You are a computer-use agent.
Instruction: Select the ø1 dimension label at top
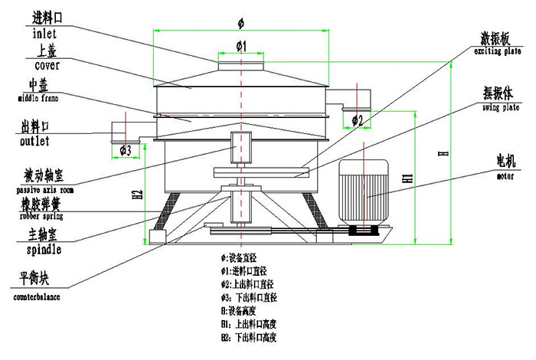(x=240, y=47)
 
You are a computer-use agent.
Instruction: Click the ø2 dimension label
(x=357, y=120)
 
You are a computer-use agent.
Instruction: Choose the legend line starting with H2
(x=250, y=337)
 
